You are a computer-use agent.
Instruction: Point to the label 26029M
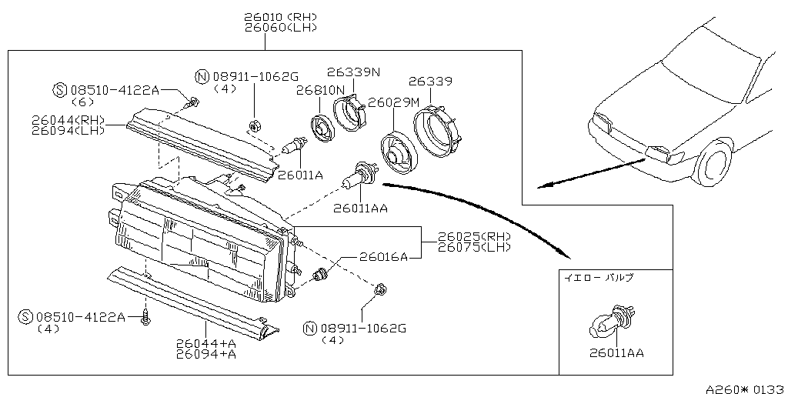pos(393,102)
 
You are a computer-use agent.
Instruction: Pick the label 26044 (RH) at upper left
pos(68,120)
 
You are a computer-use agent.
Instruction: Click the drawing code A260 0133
pos(743,389)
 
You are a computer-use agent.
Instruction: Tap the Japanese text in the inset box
pos(599,275)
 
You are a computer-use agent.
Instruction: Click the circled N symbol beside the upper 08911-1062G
pos(202,76)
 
